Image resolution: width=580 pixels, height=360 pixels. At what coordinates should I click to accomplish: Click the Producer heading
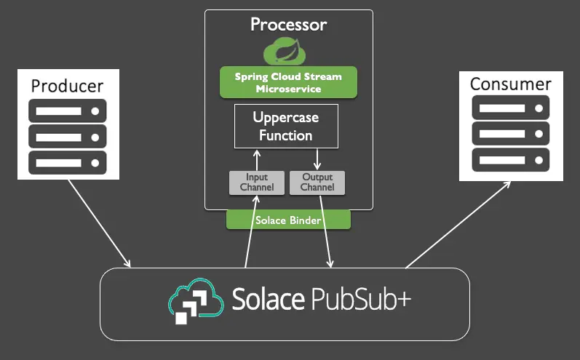click(x=67, y=86)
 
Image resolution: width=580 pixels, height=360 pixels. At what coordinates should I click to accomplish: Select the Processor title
click(x=288, y=24)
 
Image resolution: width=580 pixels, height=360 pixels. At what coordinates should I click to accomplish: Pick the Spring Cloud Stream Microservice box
click(x=288, y=82)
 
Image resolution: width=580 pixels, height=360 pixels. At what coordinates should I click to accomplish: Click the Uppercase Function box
click(x=286, y=126)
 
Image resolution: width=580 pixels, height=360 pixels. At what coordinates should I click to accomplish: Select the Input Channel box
click(x=256, y=183)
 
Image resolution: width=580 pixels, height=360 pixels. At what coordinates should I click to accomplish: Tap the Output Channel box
click(x=317, y=183)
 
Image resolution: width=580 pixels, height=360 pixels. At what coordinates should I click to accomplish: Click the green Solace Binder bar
click(x=288, y=220)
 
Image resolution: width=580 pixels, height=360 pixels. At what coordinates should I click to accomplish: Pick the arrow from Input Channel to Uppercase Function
click(x=256, y=159)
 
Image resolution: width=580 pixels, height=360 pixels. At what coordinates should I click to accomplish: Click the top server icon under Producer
click(x=68, y=111)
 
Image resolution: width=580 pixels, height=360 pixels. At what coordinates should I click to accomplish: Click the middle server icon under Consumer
click(x=510, y=133)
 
